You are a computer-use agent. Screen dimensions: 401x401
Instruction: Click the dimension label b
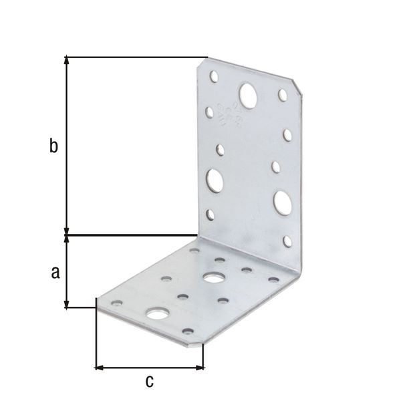[x=53, y=146]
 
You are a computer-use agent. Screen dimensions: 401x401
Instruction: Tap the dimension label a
[x=55, y=271]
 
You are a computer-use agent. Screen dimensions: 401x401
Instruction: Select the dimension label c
[x=150, y=382]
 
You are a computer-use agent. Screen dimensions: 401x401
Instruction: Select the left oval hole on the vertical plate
[x=215, y=180]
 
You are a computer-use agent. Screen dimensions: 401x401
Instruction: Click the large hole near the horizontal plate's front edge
[x=158, y=313]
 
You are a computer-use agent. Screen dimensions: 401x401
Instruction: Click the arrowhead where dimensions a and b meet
[x=66, y=234]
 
